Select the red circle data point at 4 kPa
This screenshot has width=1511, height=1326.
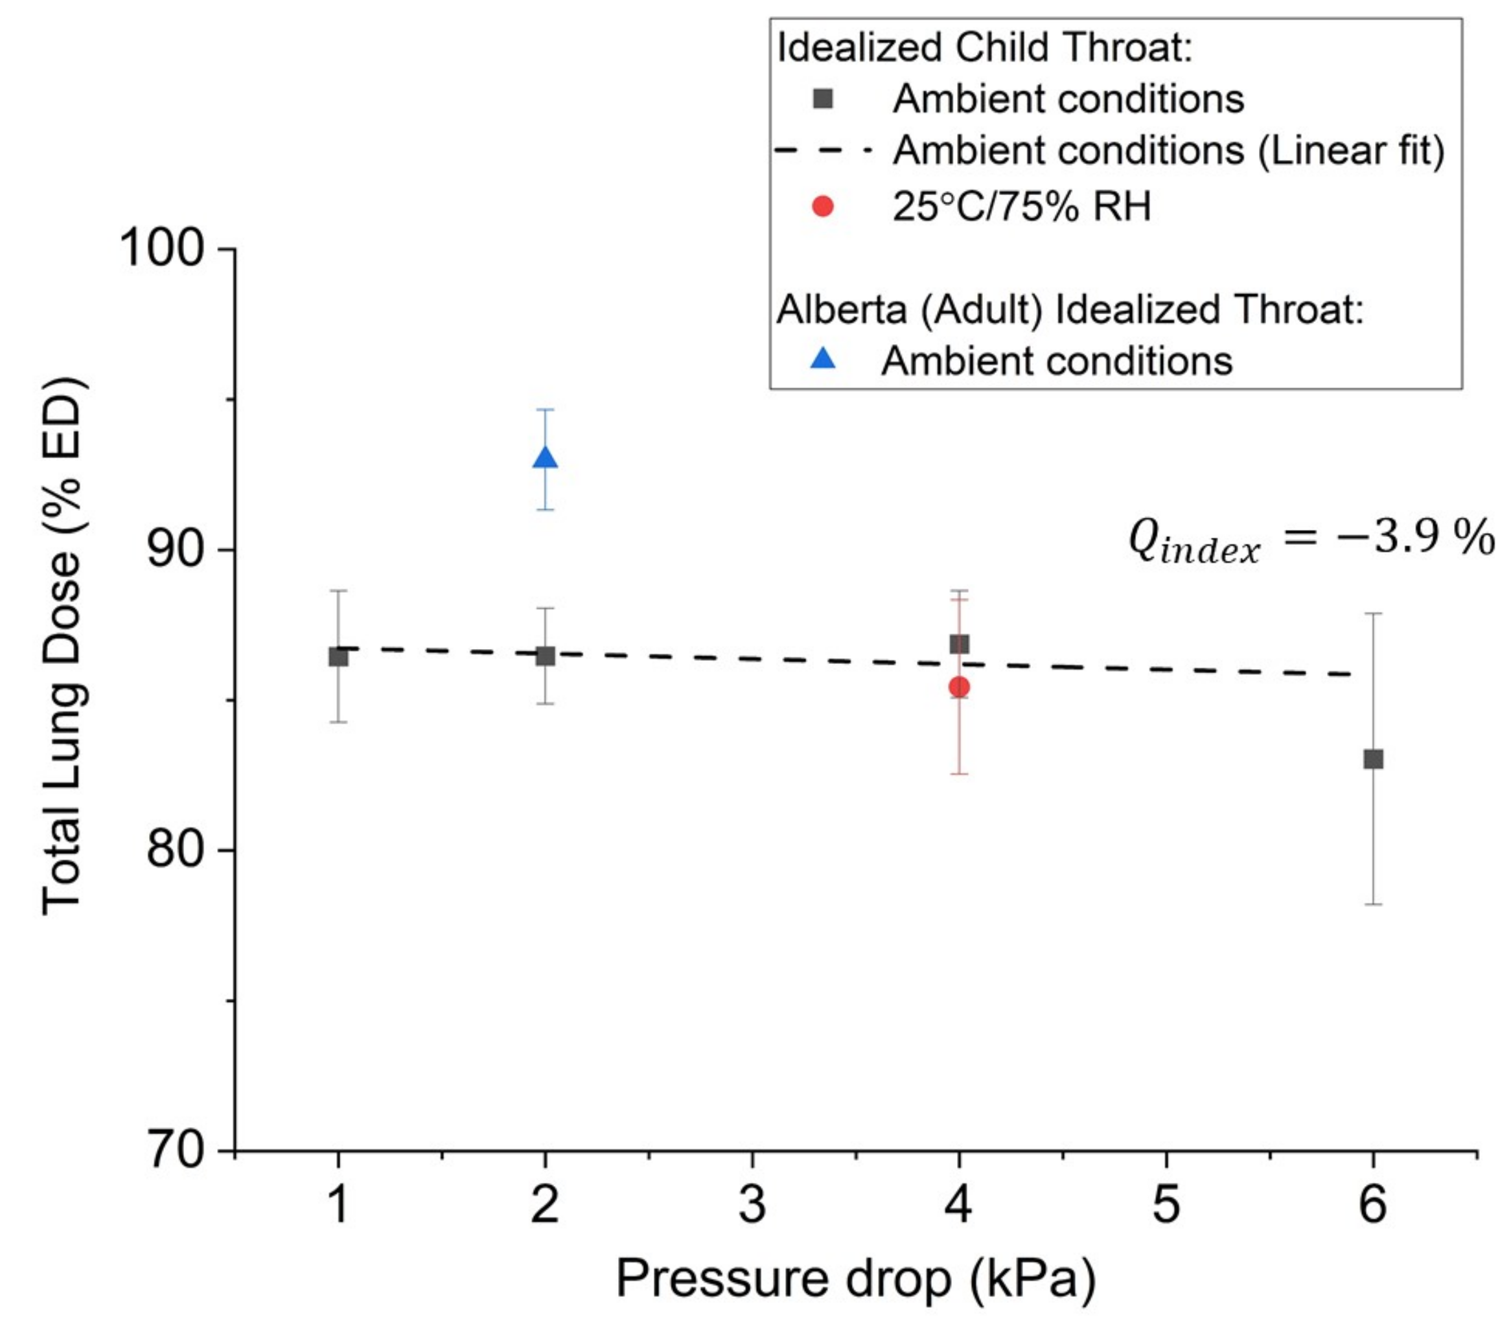click(959, 687)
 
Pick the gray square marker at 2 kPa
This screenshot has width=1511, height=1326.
click(545, 656)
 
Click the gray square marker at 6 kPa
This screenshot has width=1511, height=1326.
click(1373, 759)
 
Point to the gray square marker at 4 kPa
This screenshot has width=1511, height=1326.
click(959, 645)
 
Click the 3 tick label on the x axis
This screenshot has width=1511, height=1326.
click(752, 1205)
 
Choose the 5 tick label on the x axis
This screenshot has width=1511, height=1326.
click(1166, 1205)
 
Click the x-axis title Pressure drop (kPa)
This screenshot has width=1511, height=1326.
click(855, 1278)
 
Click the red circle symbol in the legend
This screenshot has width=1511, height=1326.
click(822, 206)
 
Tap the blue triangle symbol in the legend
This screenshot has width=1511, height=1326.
click(822, 360)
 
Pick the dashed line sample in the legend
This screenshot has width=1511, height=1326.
click(822, 151)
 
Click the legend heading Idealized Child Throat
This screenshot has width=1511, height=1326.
click(985, 48)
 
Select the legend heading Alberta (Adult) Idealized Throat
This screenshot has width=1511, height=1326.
click(1069, 309)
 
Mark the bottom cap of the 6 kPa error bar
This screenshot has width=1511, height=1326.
click(1373, 904)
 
